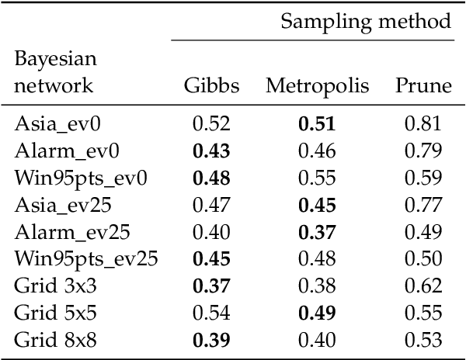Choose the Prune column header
point(423,86)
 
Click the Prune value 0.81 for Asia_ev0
point(423,123)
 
